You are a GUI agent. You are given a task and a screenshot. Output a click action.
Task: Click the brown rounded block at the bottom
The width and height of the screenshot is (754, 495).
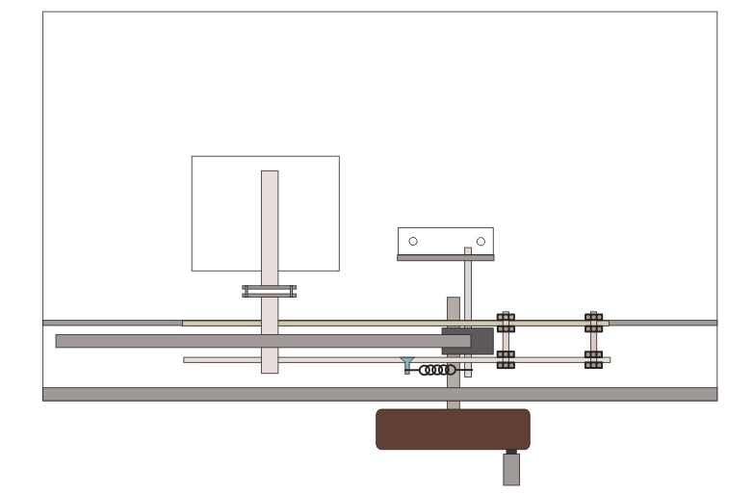pos(453,430)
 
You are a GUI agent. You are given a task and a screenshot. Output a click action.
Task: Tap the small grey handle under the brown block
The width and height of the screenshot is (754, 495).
pos(511,470)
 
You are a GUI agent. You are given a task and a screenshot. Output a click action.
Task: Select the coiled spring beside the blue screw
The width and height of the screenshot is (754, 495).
pos(438,370)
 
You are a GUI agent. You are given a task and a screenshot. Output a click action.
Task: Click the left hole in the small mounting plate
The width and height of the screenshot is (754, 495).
pos(413,241)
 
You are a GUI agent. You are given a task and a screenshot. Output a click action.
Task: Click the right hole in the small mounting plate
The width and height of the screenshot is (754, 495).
pos(481,241)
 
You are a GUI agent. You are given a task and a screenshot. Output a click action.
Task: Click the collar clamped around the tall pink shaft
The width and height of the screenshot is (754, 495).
pos(269,291)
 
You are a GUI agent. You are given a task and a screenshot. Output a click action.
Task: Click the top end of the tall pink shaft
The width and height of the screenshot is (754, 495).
pos(270,174)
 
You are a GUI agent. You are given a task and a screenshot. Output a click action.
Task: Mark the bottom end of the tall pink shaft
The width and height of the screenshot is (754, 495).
pos(270,370)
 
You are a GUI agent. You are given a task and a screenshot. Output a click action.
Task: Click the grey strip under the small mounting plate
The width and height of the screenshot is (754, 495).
pos(445,258)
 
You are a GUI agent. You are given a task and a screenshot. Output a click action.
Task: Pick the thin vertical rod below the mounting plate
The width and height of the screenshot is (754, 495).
pos(468,289)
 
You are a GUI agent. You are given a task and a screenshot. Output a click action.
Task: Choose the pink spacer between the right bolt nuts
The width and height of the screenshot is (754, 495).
pos(593,342)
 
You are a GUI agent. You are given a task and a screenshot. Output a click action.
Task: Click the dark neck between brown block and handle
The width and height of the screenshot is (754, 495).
pos(511,451)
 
